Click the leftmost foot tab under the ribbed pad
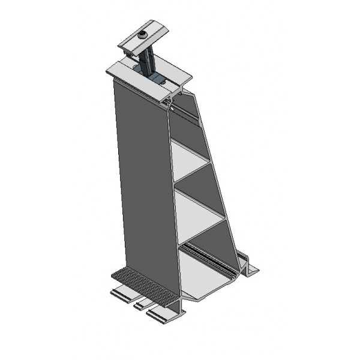(123, 294)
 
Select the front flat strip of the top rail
(135, 77)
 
